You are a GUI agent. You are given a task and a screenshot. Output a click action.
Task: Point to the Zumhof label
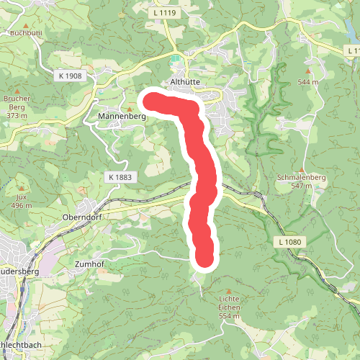(90, 264)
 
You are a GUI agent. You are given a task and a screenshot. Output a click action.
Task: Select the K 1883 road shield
(120, 176)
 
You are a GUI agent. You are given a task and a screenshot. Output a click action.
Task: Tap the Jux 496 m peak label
(21, 201)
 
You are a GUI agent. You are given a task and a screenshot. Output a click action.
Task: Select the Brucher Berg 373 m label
(16, 106)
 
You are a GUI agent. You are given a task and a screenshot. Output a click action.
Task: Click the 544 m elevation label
(308, 82)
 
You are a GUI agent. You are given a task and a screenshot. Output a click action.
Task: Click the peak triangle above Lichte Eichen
(229, 289)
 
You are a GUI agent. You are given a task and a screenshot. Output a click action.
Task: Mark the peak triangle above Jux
(21, 188)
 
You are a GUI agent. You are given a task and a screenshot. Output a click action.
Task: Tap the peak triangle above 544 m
(308, 72)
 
